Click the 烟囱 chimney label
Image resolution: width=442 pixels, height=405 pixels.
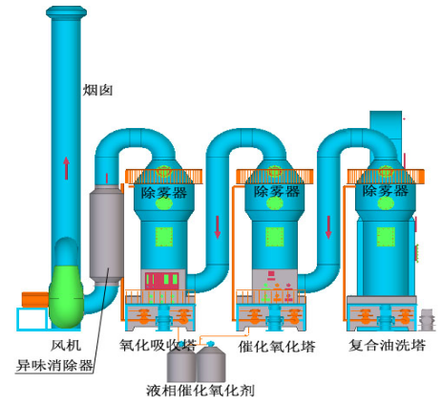click(97, 90)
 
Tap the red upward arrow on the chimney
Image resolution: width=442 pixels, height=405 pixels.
click(66, 168)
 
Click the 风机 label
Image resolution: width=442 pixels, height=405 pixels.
click(66, 345)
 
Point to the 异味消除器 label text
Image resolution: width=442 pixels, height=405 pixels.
click(54, 365)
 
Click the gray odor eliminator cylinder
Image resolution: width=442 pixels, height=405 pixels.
click(106, 233)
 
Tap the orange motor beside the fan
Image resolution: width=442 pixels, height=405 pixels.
click(35, 300)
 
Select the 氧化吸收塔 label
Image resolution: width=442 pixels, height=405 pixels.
click(158, 345)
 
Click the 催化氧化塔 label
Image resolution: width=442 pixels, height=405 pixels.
click(277, 346)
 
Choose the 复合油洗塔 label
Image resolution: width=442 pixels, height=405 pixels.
click(388, 345)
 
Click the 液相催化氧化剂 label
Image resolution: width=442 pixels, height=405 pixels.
click(200, 391)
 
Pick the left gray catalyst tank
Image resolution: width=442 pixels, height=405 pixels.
click(181, 363)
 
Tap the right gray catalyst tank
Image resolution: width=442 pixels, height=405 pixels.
click(211, 363)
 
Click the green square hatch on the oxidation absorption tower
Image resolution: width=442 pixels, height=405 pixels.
click(164, 237)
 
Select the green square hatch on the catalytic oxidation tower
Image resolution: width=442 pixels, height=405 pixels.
click(275, 237)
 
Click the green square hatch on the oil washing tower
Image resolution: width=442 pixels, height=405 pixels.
click(386, 237)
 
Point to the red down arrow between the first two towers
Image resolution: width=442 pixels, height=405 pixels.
click(218, 227)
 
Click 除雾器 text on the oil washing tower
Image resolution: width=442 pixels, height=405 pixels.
click(386, 191)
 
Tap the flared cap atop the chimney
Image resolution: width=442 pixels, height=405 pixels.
click(66, 12)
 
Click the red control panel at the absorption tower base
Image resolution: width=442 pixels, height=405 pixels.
click(161, 281)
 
